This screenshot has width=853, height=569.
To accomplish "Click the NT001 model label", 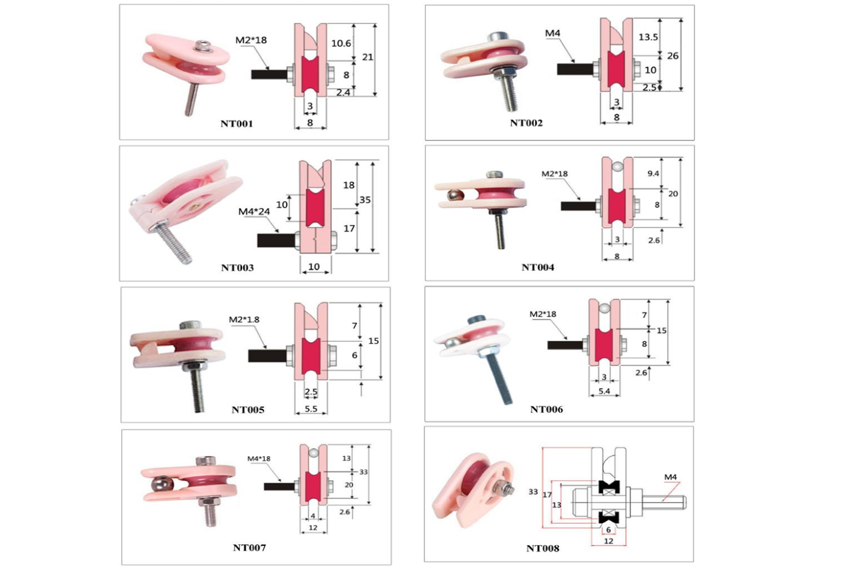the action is [237, 124].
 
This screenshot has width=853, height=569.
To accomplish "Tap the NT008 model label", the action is [542, 548].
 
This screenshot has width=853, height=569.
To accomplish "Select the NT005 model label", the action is [248, 410].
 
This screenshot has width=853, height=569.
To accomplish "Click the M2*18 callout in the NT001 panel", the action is [251, 40].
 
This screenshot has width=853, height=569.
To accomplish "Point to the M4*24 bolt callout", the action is [254, 211].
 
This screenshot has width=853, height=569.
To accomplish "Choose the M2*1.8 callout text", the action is [244, 320].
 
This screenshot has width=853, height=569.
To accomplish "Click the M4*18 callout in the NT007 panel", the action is [259, 458].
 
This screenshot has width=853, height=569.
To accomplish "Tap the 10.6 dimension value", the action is [341, 43].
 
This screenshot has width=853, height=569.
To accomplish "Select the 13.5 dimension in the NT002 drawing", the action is [648, 37].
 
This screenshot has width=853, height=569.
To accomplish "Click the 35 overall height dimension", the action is [365, 199].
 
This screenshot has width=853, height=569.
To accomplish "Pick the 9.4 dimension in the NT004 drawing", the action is [653, 174].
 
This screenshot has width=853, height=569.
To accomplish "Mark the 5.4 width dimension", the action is [604, 391].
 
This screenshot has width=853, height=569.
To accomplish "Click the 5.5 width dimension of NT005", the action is [311, 409].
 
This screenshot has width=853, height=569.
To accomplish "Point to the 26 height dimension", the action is [673, 56].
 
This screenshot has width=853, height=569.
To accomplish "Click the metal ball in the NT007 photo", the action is [163, 486].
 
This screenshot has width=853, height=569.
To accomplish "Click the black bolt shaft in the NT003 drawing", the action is [276, 241].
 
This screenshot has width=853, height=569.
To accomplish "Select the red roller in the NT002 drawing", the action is [616, 69].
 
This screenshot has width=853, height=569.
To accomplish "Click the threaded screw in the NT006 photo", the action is [499, 378].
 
